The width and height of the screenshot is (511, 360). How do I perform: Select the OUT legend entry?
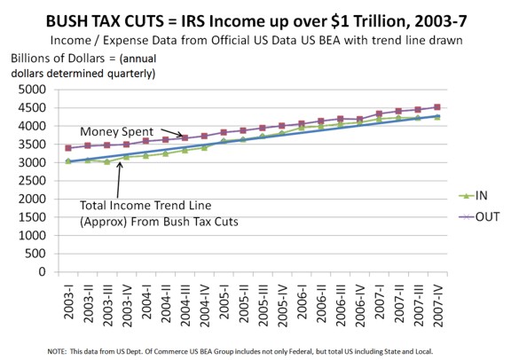[x=479, y=216]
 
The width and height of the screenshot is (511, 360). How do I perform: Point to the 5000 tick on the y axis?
[x=32, y=90]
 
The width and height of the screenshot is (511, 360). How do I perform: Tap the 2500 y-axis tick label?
[x=32, y=181]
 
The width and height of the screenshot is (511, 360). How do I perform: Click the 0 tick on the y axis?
[x=42, y=271]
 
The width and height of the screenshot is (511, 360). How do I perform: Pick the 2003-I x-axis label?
[x=69, y=301]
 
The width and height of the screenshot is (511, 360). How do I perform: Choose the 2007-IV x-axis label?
[x=438, y=306]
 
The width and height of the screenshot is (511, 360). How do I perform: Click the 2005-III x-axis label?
[x=263, y=306]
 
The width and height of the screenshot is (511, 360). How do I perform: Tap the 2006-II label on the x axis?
[x=322, y=303]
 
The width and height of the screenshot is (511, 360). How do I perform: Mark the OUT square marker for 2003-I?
[x=68, y=148]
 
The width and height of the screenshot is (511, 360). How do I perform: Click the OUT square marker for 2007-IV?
[x=437, y=107]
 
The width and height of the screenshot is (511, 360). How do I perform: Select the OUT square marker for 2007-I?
[x=379, y=113]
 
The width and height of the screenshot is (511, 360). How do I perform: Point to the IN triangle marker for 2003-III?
[x=106, y=161]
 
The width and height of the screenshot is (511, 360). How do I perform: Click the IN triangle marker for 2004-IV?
[x=204, y=147]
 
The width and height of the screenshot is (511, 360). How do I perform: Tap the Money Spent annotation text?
[x=116, y=131]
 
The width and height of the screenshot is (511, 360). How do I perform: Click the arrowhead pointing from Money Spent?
[x=181, y=135]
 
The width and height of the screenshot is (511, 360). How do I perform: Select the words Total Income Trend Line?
[x=145, y=205]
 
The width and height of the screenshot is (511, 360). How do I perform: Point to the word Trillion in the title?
[x=382, y=21]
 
